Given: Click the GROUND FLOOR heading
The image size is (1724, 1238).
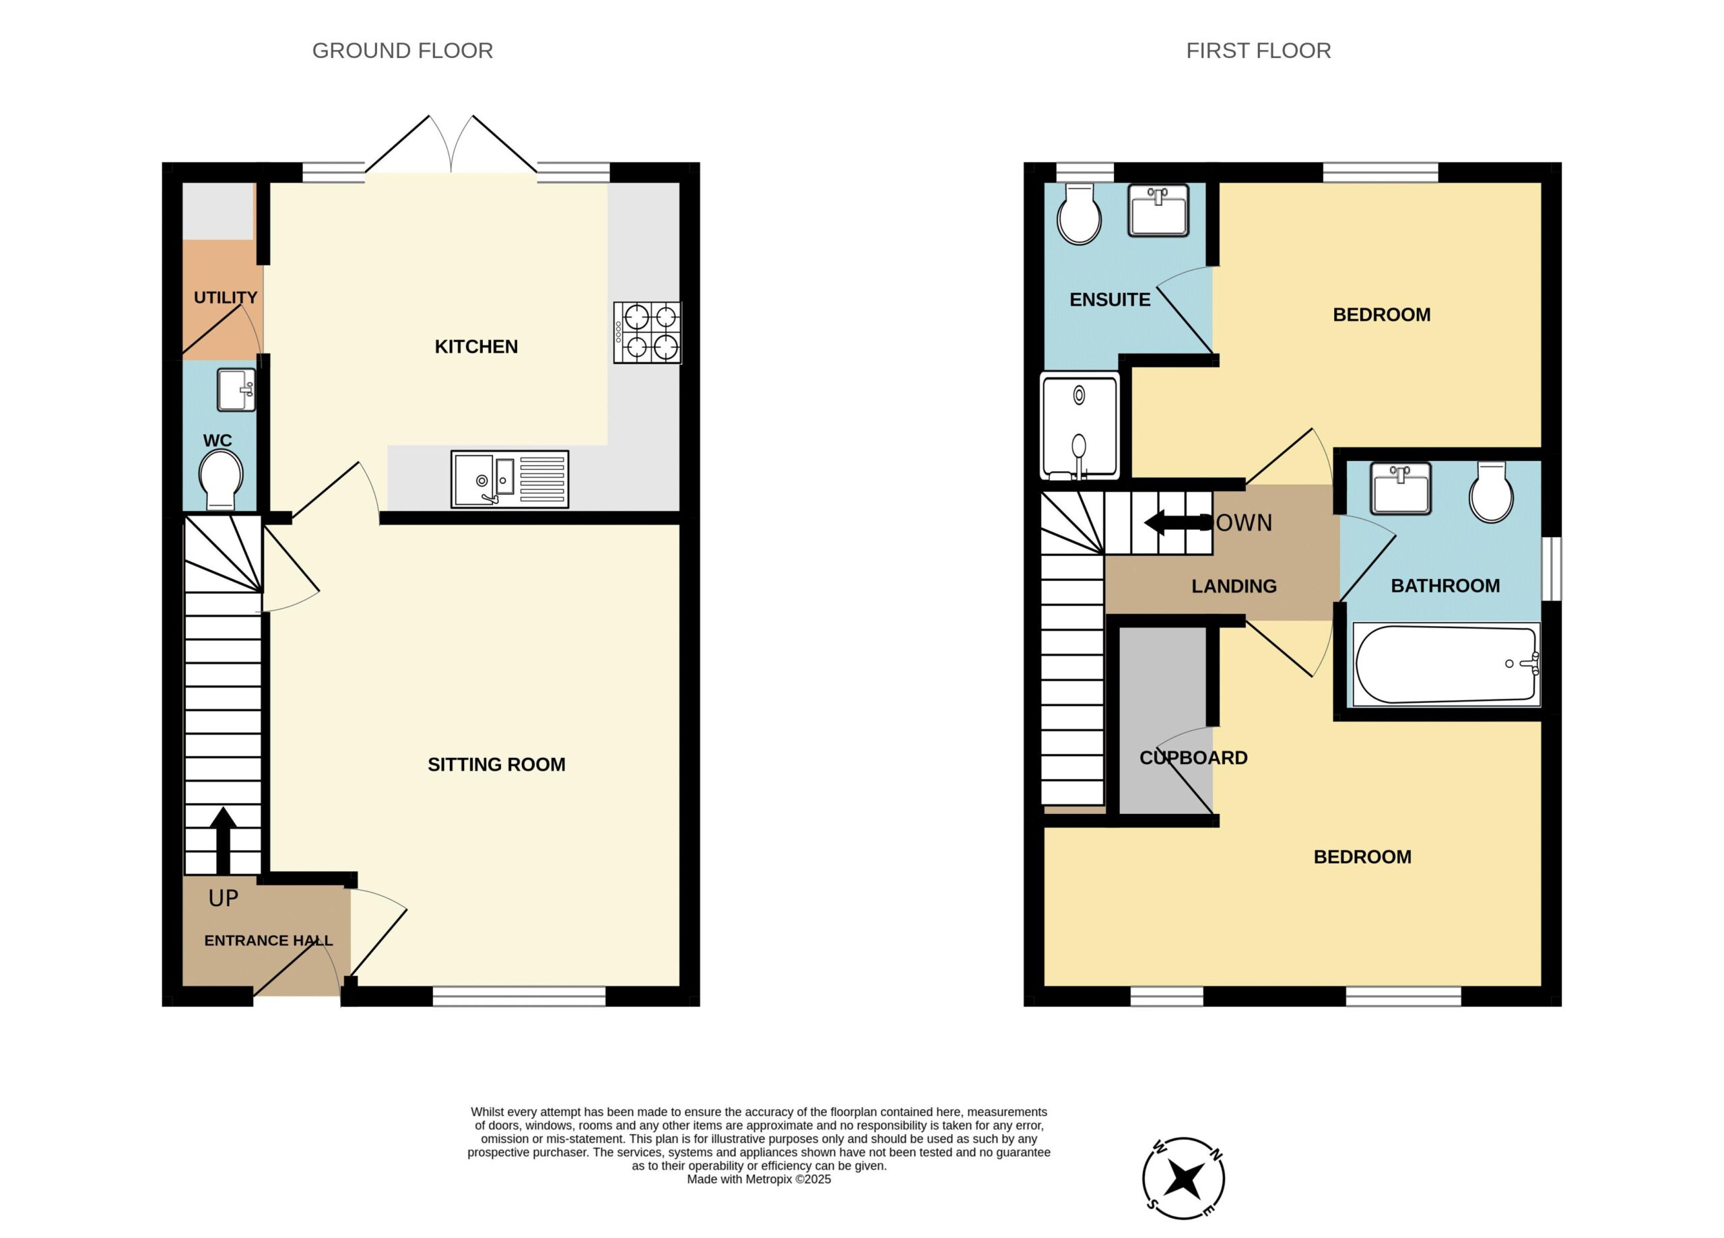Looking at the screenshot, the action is click(402, 51).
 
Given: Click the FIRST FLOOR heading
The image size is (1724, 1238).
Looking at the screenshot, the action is click(1258, 51).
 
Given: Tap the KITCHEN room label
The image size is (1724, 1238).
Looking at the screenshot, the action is click(476, 347).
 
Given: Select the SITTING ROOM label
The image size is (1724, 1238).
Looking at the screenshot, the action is click(496, 765).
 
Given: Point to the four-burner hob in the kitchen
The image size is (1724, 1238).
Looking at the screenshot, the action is click(648, 333).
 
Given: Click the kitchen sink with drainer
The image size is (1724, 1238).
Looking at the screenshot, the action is click(509, 479).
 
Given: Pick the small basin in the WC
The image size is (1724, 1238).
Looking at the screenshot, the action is click(236, 390).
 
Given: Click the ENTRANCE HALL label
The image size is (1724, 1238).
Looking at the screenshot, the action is click(268, 941).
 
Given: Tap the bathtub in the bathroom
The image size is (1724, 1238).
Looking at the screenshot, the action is click(1446, 664).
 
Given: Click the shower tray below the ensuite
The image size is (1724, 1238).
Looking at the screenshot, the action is click(1080, 426).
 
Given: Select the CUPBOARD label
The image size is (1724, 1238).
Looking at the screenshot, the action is click(1193, 758).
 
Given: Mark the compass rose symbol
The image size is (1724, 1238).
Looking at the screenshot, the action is click(1183, 1178).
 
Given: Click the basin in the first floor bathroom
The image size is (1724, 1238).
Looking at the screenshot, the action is click(1401, 488).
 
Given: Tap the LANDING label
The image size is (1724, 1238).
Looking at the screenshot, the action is click(1234, 586).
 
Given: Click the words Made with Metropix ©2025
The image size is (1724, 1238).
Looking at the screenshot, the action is click(758, 1179).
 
